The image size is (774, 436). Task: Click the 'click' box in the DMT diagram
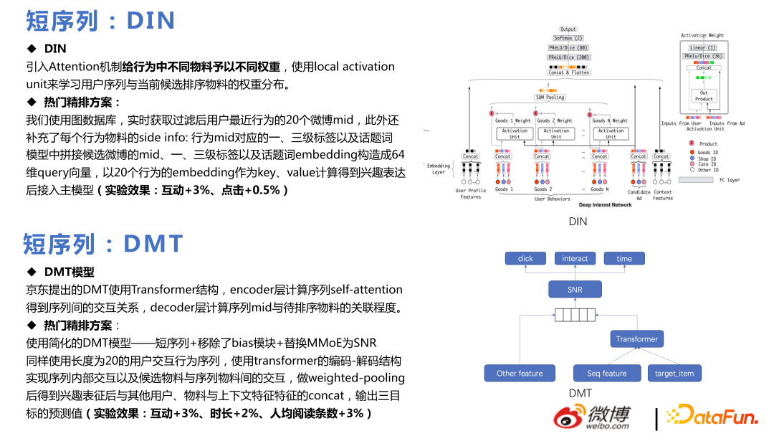pos(525,259)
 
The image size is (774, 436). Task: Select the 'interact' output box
pos(575,259)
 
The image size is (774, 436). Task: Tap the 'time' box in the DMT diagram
pos(624,259)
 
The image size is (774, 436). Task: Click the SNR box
pos(575,290)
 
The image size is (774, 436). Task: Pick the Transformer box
pos(636,339)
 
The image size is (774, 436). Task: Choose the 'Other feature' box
pos(520,373)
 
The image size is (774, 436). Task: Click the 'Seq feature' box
pos(606,373)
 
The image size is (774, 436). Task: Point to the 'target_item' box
pos(674,373)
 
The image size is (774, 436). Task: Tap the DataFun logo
pos(711,416)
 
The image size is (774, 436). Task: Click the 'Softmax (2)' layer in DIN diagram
pos(568,38)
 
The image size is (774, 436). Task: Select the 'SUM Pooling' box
pos(550,97)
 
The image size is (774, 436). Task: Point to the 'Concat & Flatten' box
pos(568,72)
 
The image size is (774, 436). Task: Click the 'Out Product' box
pos(704,96)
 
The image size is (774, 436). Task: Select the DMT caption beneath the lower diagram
pos(580,393)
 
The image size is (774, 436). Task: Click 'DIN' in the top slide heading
pos(151,20)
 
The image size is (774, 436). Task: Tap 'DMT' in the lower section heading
pos(153,244)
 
